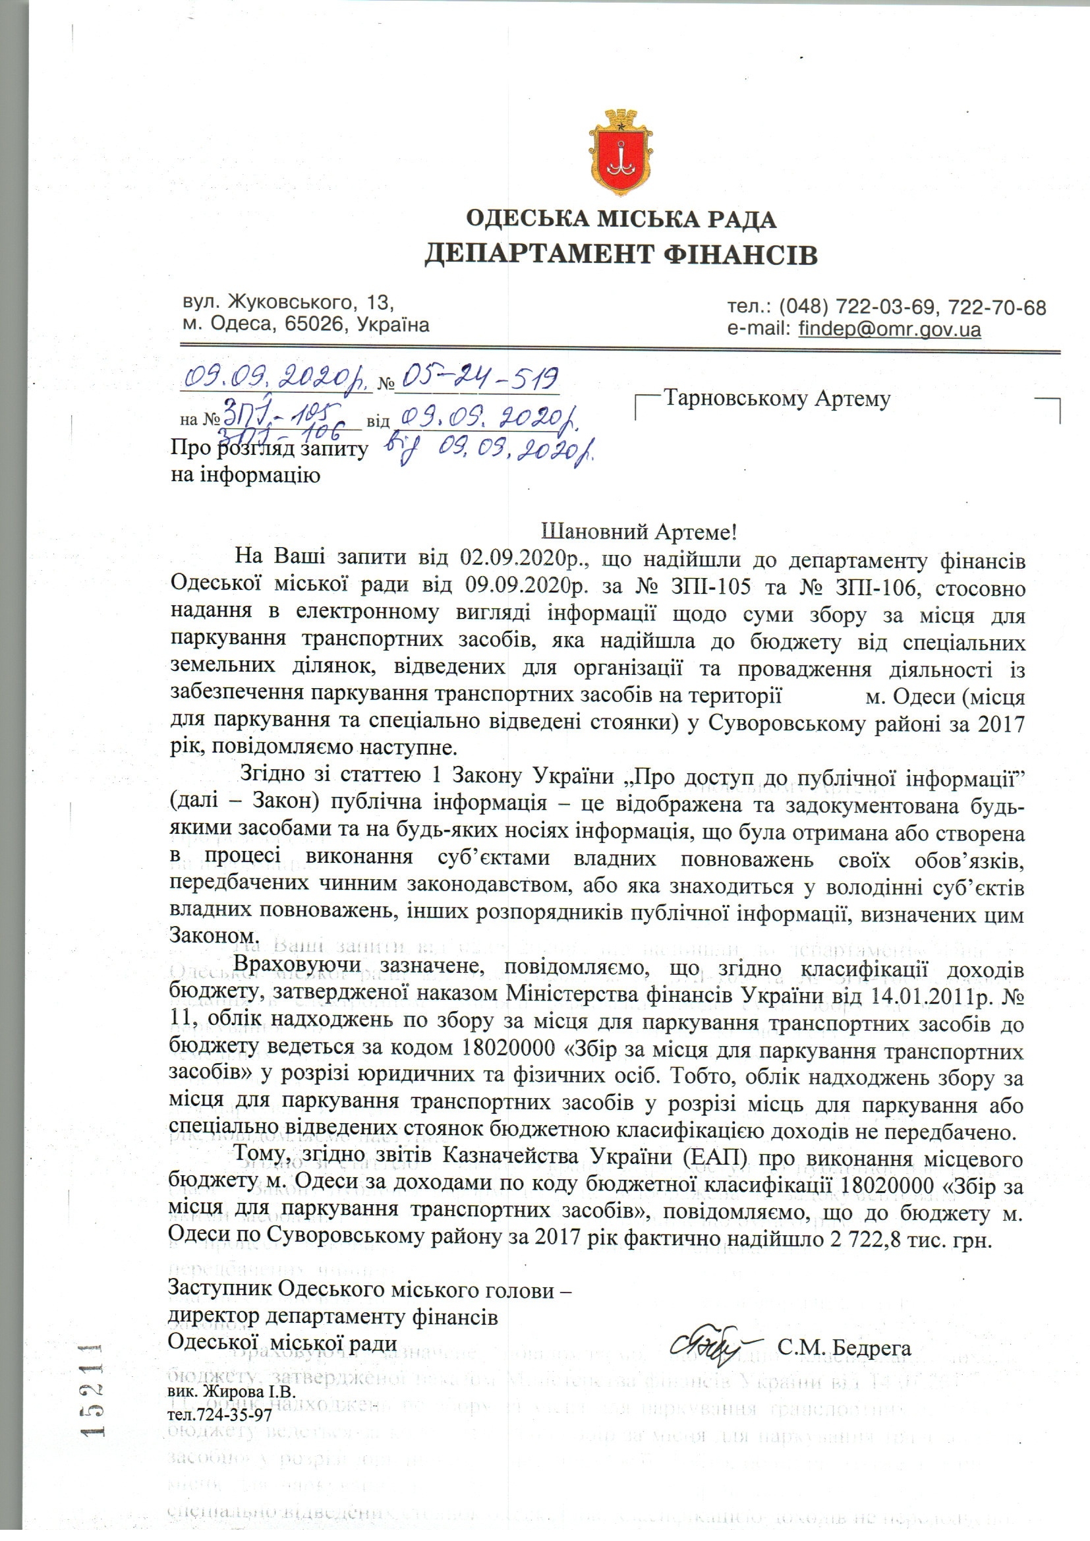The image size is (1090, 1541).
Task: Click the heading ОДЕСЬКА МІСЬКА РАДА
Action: (x=621, y=219)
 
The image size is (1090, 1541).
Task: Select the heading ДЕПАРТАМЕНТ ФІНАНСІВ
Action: (x=621, y=255)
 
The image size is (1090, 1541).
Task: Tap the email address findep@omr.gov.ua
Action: (x=889, y=330)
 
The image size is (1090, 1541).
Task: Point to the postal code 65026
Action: (x=315, y=325)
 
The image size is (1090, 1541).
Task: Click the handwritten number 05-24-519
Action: (x=478, y=380)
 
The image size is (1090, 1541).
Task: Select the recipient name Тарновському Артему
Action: (x=776, y=399)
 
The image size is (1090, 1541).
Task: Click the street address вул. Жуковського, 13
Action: (x=287, y=303)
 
